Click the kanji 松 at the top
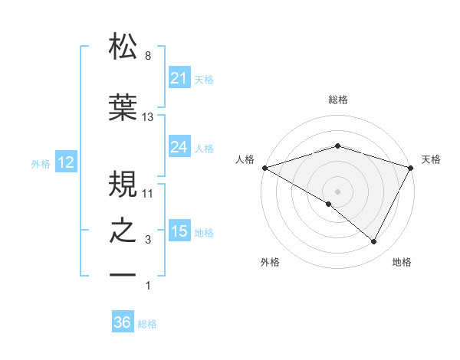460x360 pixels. point(123,47)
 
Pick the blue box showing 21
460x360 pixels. point(179,78)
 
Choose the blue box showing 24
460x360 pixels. point(179,147)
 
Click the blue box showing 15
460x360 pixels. point(179,231)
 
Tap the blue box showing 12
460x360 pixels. point(65,162)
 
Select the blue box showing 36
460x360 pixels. point(122,322)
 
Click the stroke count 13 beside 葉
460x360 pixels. point(148,117)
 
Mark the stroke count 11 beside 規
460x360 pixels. point(148,192)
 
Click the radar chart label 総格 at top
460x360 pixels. point(337,100)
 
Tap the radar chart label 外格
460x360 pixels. point(270,262)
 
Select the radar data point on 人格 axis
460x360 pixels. point(264,167)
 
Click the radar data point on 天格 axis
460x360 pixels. point(411,167)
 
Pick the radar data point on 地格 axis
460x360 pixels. point(374,241)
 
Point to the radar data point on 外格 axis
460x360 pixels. point(329,204)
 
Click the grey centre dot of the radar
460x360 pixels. point(337,191)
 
